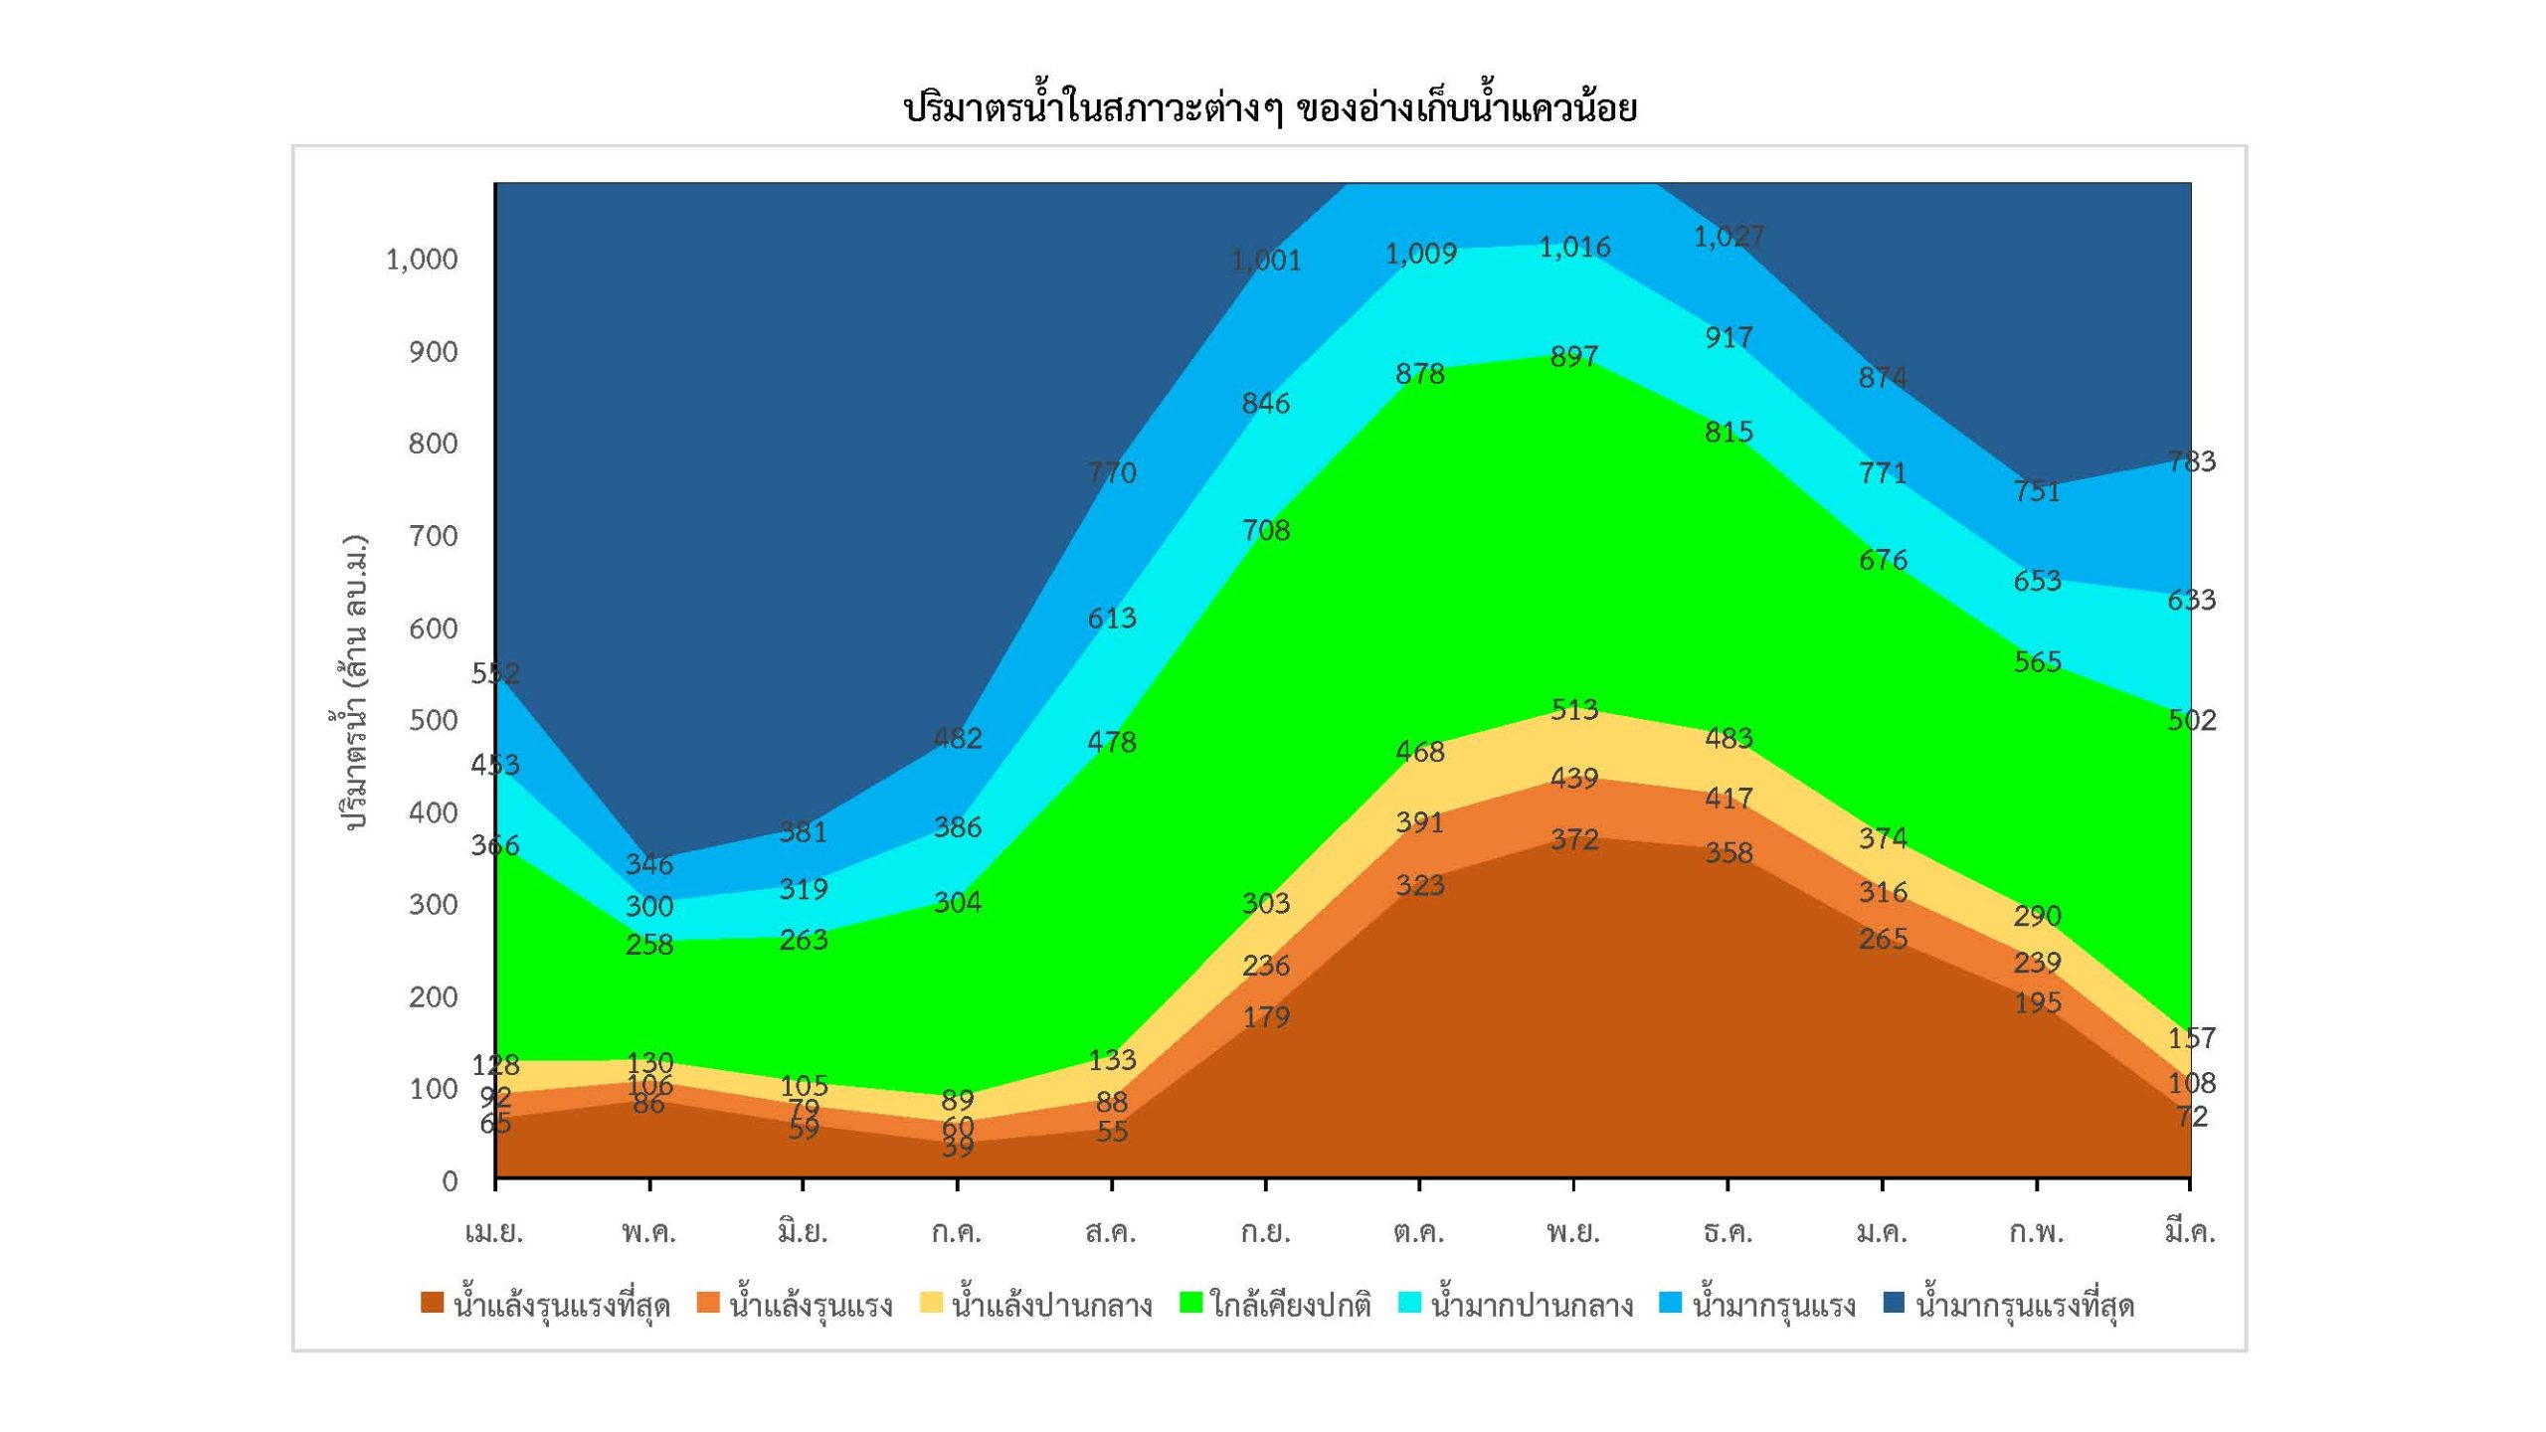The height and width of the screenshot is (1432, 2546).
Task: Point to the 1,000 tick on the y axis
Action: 422,260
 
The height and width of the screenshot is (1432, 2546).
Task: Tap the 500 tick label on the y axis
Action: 433,720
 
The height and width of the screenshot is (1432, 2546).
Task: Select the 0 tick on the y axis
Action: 450,1180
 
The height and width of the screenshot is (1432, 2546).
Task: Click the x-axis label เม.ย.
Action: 494,1233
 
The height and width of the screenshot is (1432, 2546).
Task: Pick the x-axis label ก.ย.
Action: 1265,1233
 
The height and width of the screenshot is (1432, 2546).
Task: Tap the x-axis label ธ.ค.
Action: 1728,1233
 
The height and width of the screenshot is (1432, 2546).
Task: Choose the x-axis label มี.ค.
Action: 2190,1233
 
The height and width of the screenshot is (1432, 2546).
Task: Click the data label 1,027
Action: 1728,237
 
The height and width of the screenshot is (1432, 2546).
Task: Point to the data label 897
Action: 1573,356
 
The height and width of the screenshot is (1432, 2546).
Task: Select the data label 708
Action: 1265,530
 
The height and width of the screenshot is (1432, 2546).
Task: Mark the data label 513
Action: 1573,709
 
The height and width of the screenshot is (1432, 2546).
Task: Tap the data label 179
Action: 1265,1016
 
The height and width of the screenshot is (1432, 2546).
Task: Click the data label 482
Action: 958,738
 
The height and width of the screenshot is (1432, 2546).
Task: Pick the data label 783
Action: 2191,461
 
